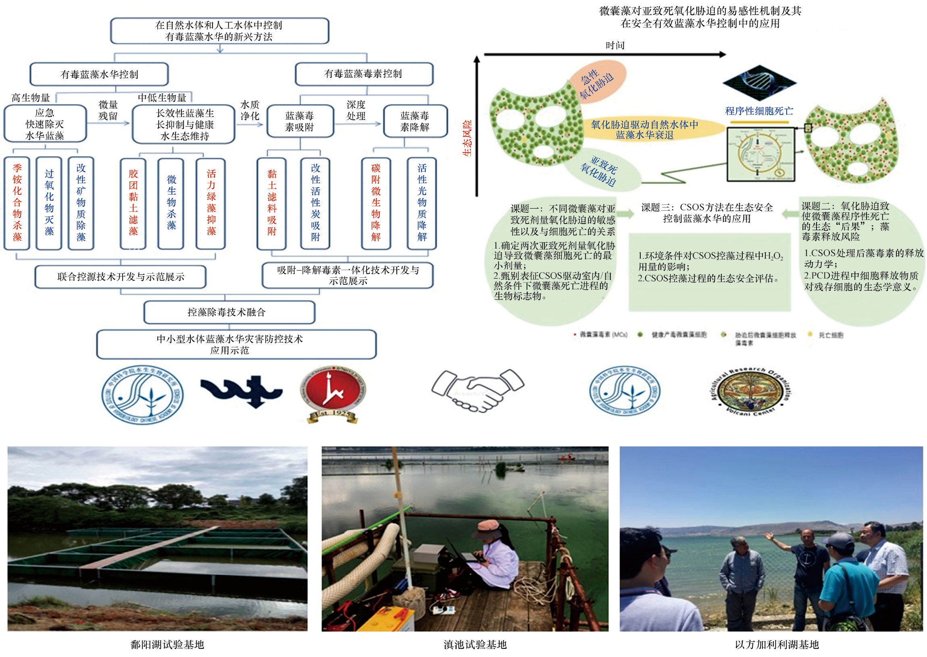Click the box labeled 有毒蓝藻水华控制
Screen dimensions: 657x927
(x=99, y=74)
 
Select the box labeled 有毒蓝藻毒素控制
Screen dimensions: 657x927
(x=364, y=73)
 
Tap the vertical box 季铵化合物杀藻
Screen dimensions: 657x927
(x=17, y=203)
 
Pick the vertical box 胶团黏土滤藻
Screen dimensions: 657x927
(x=133, y=203)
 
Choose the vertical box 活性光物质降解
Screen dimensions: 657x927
(x=422, y=203)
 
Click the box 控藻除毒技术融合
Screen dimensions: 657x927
(x=229, y=312)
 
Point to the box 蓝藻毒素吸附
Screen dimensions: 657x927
(x=300, y=121)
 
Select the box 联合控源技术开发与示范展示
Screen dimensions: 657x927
(x=121, y=277)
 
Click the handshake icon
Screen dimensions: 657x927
(x=478, y=390)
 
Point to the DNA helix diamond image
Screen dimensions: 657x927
(x=759, y=83)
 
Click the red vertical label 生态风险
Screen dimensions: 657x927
(x=467, y=138)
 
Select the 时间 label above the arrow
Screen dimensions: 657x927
(x=615, y=45)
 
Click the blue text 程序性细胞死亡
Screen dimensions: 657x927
(x=759, y=111)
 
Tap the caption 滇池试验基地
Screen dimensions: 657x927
(x=475, y=644)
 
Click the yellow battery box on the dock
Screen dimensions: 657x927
(x=390, y=618)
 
